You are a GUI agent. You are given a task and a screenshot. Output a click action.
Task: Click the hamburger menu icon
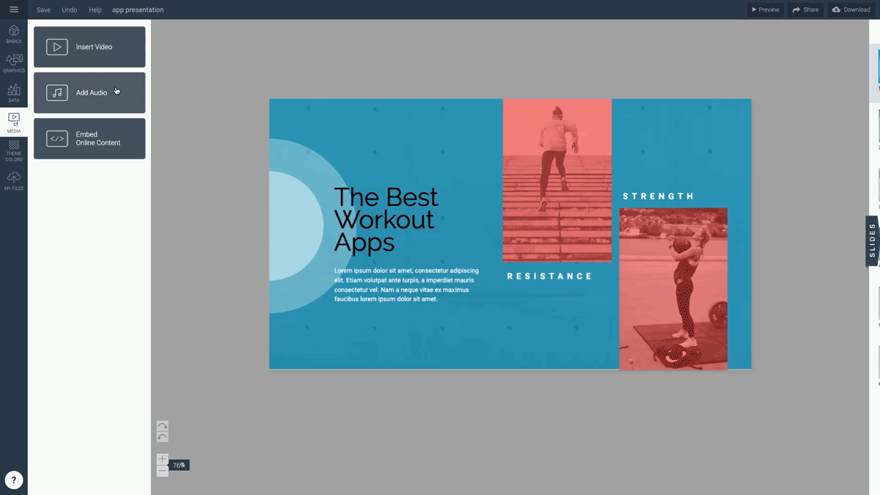click(x=14, y=10)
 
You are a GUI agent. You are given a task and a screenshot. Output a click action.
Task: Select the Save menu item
click(x=43, y=10)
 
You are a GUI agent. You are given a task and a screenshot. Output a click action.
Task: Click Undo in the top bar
click(x=69, y=10)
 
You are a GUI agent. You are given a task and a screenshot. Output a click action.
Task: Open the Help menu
click(x=95, y=10)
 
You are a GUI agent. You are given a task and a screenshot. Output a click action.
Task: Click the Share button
click(x=805, y=10)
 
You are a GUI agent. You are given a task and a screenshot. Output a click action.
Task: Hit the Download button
click(x=851, y=10)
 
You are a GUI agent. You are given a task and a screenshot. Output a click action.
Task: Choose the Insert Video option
click(x=89, y=47)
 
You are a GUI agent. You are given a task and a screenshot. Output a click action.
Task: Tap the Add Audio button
click(x=89, y=93)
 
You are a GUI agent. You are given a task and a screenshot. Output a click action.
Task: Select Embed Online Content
click(x=89, y=139)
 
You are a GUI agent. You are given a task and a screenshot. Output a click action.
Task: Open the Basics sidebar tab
click(x=14, y=34)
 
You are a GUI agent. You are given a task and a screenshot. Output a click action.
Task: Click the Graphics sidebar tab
click(x=14, y=63)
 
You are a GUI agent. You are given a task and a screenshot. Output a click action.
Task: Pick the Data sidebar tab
click(x=14, y=92)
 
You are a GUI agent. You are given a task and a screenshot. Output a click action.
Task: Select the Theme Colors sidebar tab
click(x=14, y=151)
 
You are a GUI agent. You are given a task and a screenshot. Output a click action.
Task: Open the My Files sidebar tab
click(x=14, y=180)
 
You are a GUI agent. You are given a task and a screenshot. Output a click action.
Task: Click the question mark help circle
click(x=14, y=480)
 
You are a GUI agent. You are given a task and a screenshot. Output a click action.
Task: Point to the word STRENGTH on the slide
click(x=659, y=197)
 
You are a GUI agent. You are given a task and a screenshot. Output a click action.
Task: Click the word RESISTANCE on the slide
click(x=550, y=276)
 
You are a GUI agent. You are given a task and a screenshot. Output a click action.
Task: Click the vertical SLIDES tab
click(x=872, y=241)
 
